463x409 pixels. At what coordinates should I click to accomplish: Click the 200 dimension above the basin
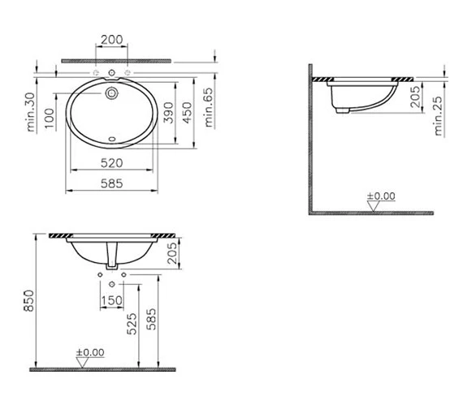(111, 40)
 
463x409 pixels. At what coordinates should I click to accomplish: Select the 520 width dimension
(111, 163)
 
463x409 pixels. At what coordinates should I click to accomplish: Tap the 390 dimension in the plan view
(169, 113)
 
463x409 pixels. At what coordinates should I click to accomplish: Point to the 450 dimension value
(188, 113)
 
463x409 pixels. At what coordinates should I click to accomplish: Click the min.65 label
(209, 107)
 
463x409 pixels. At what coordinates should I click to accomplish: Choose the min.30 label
(31, 112)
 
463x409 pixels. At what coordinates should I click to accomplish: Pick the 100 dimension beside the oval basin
(50, 118)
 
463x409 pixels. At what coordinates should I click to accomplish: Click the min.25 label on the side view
(439, 116)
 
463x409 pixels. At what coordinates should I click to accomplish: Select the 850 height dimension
(29, 301)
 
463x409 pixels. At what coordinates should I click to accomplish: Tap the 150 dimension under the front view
(111, 300)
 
